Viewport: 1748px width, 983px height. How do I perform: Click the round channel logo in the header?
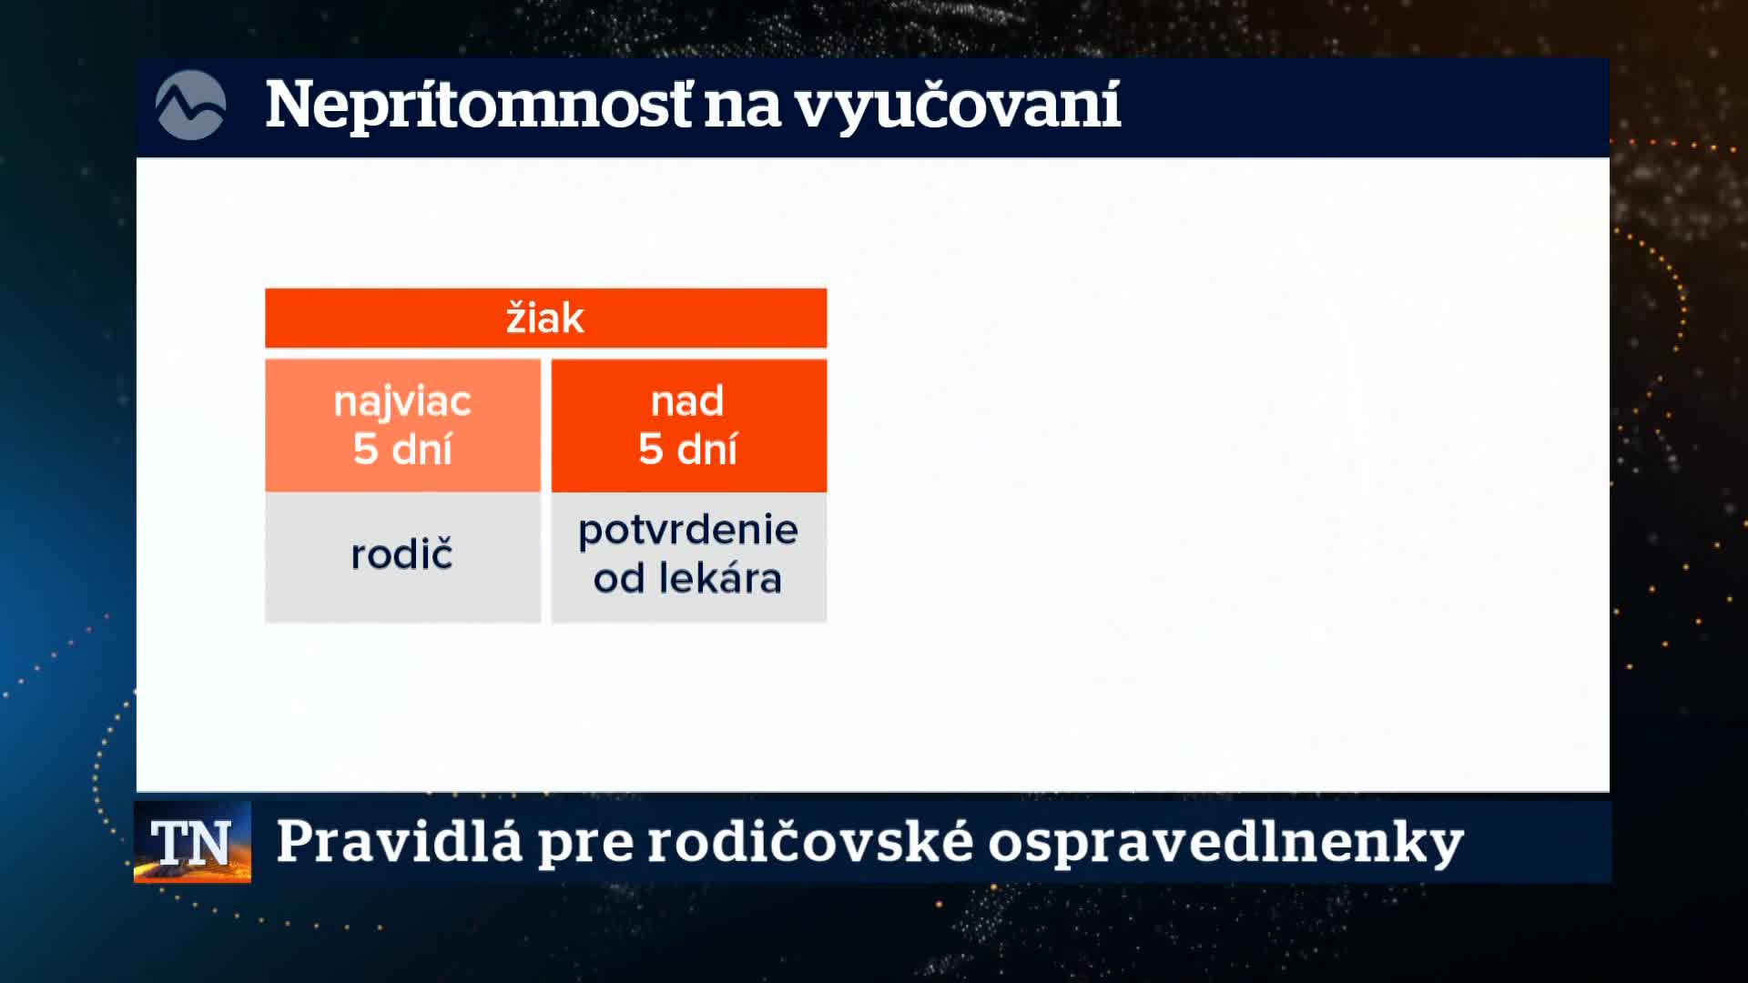190,106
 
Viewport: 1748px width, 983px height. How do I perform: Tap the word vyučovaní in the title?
958,106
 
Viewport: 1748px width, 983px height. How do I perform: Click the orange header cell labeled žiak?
545,318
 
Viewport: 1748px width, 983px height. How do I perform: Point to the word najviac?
402,401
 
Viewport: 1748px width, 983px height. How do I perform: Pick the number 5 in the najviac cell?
365,449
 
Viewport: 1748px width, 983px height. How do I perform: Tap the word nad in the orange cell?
687,400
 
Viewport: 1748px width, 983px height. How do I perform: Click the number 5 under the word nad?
650,449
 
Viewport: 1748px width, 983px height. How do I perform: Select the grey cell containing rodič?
402,557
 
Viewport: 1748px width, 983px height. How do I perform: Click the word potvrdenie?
688,531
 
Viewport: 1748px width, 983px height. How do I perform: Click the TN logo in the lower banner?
192,842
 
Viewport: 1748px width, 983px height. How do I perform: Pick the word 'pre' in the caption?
584,846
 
